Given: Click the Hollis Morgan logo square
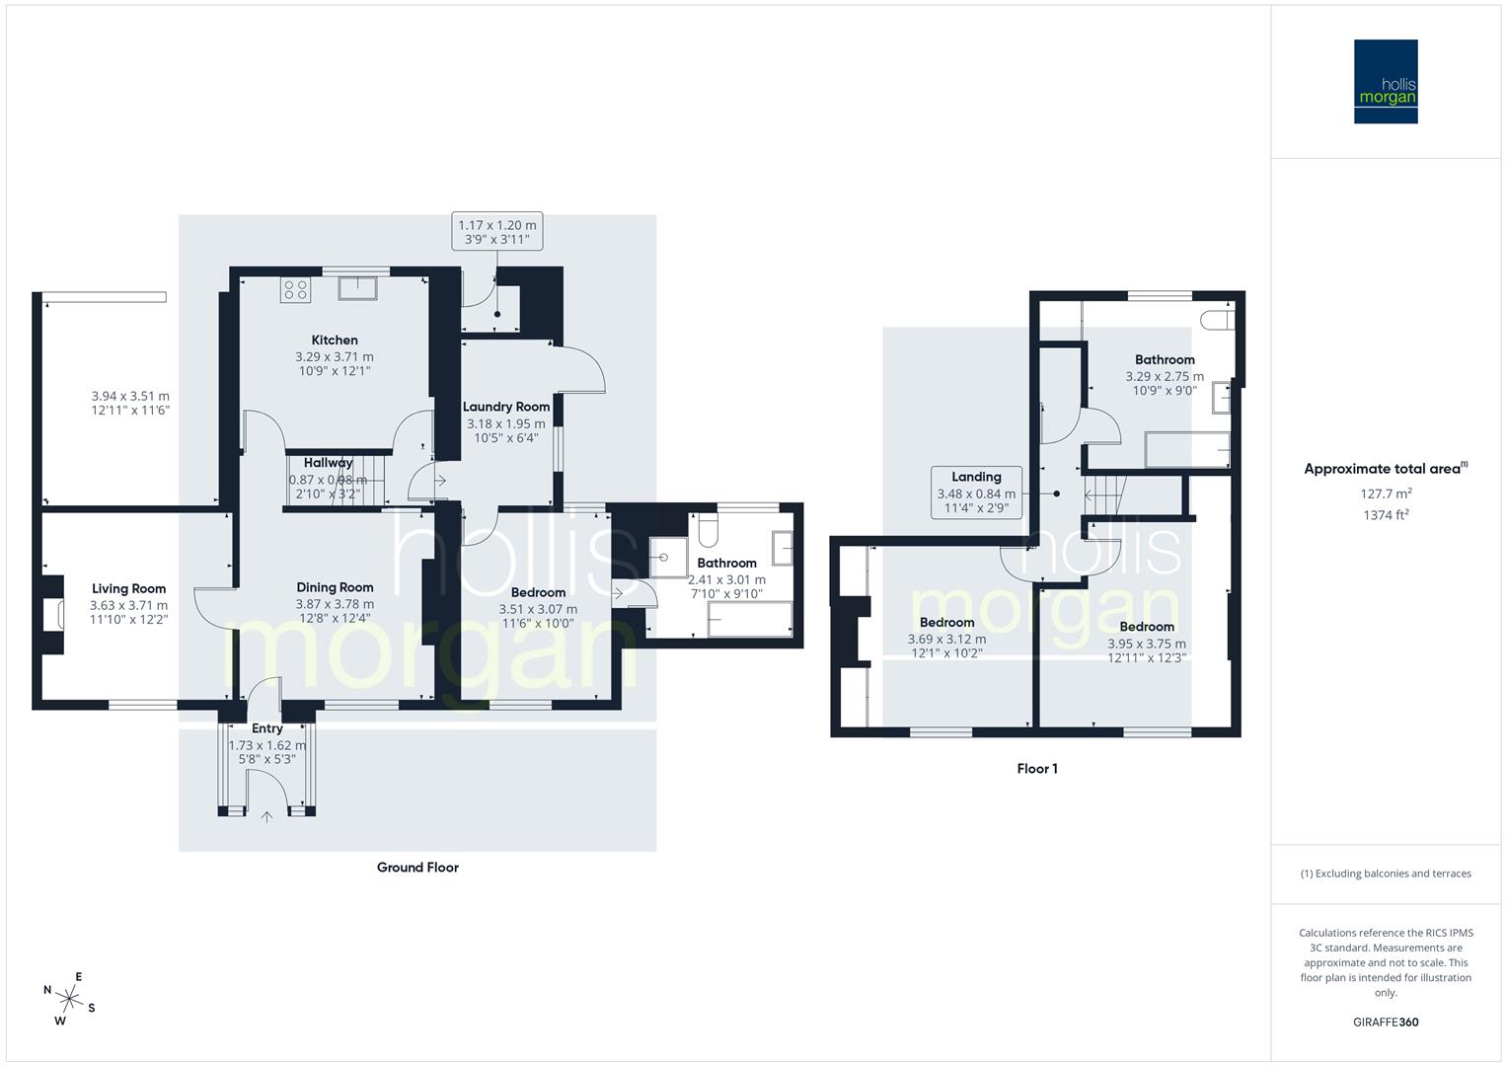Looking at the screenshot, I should (1385, 81).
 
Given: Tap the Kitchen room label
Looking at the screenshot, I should (335, 341).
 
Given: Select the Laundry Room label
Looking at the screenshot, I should (506, 407).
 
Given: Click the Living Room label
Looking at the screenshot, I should (129, 589).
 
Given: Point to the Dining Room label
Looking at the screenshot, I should (335, 587).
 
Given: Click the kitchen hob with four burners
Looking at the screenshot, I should (295, 289).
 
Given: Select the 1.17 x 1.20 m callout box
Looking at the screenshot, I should (497, 232).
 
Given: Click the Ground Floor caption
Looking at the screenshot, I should (417, 868).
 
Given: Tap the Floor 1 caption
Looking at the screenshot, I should (1037, 769).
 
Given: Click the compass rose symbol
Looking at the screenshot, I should (68, 998).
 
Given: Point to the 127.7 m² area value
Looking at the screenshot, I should (1386, 494).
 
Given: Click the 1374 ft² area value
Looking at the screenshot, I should (1386, 514).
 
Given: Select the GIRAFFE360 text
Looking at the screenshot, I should (1386, 1023).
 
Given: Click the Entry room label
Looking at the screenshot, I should (266, 728).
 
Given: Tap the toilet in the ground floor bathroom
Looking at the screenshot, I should (707, 533).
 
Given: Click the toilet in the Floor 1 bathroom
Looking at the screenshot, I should (1216, 319).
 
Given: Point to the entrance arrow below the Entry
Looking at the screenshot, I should (266, 816).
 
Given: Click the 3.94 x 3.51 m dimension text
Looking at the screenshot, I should (129, 403).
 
